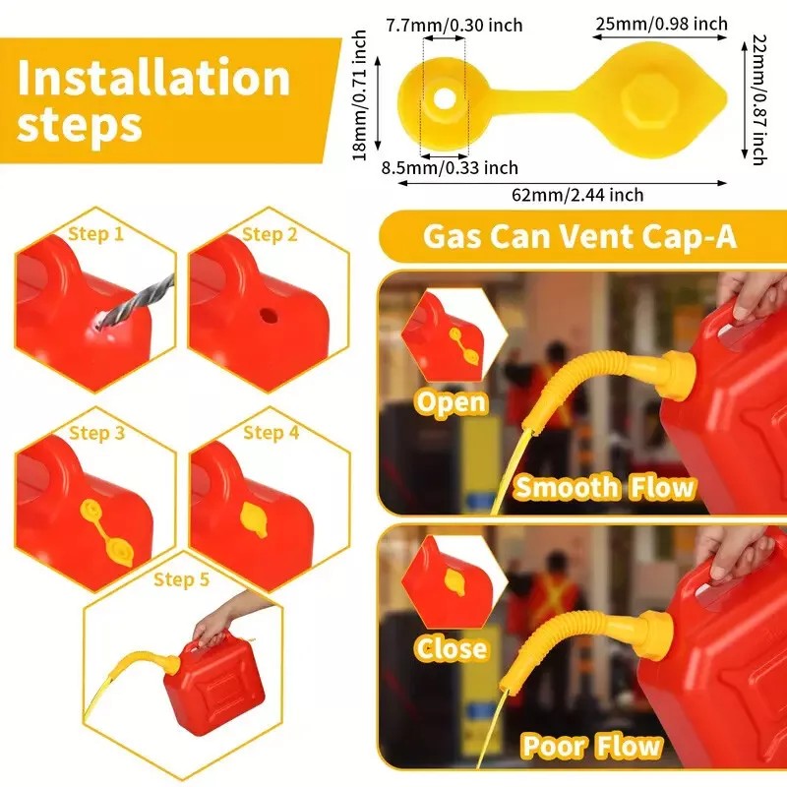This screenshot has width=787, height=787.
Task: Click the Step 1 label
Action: (95, 234)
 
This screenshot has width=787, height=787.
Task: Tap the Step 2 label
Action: (270, 234)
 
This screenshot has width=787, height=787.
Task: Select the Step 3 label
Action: (96, 433)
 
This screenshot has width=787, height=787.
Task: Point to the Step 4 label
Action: (271, 433)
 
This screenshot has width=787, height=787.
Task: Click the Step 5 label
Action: (181, 579)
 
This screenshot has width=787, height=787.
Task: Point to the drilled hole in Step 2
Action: (266, 318)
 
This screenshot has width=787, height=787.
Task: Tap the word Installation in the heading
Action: (153, 79)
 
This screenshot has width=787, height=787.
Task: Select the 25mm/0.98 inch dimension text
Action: (660, 24)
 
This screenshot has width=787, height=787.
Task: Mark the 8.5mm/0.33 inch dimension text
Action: (450, 168)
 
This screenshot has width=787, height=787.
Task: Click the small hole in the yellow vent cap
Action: (445, 97)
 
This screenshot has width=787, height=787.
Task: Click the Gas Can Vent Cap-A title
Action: (579, 237)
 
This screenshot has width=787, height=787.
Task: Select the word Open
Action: (451, 401)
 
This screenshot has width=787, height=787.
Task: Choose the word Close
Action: (451, 648)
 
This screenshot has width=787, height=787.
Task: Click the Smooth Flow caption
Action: (604, 487)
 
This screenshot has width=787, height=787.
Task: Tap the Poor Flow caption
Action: (591, 746)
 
